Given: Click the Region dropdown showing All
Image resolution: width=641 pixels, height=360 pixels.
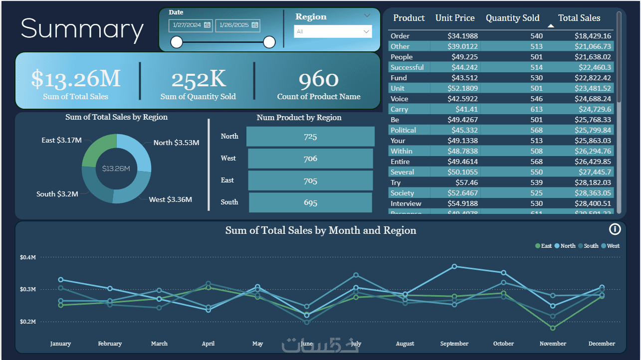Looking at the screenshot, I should coord(333,32).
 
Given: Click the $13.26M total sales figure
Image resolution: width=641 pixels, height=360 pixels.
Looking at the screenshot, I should coord(76,79).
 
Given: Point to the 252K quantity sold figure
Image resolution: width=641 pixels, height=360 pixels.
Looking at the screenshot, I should coord(198,79).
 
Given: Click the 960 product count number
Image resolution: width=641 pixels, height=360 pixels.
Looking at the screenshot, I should coord(318,79).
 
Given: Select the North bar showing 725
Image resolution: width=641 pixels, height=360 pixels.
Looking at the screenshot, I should coord(310,137).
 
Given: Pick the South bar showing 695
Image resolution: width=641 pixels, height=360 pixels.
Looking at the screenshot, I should coord(310,202).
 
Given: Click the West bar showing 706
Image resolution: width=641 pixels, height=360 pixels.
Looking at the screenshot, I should coord(310,159).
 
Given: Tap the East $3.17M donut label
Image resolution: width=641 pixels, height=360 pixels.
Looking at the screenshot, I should coord(61,141).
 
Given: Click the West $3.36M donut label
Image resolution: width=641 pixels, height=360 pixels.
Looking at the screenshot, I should coord(170,200).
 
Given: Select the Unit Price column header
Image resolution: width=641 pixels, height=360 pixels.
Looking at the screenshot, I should coord(454,18).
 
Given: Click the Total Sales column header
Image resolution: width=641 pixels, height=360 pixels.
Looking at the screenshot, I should coord(579,18).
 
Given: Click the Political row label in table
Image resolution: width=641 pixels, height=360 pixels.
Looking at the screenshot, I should coord(403,130).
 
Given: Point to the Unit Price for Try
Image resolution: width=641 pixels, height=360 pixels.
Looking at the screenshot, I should coord(466,182).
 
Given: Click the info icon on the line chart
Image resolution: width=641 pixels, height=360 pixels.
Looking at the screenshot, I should coord(615,229).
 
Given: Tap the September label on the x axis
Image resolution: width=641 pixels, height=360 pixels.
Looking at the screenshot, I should coord(454,344).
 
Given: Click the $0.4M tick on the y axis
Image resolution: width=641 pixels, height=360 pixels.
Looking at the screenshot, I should coord(28,257).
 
